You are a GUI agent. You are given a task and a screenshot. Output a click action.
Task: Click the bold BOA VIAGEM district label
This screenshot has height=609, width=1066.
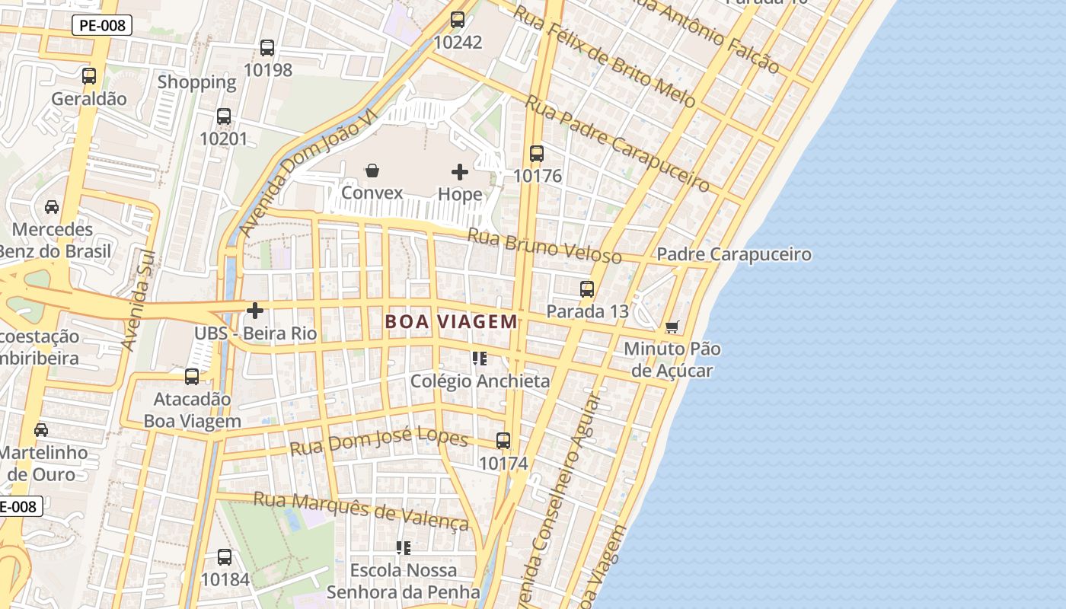pos(452,321)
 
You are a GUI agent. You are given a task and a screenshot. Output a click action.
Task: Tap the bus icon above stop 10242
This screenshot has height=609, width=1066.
pos(458,20)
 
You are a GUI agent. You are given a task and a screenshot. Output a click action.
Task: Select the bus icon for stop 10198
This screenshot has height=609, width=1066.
pos(267,48)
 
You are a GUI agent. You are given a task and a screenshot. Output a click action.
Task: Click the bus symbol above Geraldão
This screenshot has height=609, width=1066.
pos(89,76)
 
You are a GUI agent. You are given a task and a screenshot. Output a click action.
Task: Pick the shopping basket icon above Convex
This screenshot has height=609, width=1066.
pos(372,171)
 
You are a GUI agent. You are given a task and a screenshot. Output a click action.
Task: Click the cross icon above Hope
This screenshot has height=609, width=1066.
pos(460,172)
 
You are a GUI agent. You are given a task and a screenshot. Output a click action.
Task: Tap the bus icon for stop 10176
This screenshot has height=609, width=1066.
pos(537,154)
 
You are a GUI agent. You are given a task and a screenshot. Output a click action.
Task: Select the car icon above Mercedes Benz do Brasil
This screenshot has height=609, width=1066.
pos(52,207)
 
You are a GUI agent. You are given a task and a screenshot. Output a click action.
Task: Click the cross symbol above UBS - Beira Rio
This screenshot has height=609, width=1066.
pos(255,311)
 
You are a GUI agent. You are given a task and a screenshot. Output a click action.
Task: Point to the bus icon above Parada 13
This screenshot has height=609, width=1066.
pos(587,289)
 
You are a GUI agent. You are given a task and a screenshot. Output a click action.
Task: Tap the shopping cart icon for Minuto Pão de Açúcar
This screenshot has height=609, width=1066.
pos(672,327)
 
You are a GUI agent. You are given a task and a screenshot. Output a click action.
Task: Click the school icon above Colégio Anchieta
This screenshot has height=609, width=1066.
pos(479,359)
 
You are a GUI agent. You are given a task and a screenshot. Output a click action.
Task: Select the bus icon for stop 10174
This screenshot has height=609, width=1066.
pos(503,441)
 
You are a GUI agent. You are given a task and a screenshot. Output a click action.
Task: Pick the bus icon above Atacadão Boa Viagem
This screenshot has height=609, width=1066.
pos(192,377)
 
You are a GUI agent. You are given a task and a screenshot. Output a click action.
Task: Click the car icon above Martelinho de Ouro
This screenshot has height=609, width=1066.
pos(41,430)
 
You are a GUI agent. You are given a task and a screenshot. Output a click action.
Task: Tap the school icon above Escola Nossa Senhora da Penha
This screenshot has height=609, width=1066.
pos(404,547)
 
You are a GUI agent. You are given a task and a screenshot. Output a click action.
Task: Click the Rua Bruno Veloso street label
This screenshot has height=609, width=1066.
pos(544,246)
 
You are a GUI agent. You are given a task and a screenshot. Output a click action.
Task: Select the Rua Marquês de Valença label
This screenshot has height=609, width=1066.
pos(361,509)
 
